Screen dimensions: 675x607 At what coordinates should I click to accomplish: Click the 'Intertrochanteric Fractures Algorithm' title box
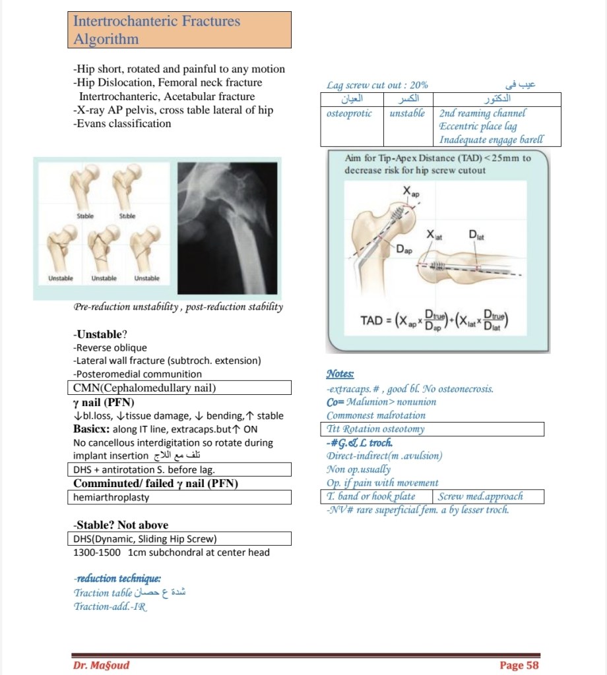click(x=179, y=30)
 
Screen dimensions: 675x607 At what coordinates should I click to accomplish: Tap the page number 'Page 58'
click(x=519, y=664)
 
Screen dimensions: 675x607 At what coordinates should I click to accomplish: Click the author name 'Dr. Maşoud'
click(x=101, y=664)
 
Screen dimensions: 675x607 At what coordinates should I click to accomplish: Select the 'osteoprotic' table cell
click(x=350, y=113)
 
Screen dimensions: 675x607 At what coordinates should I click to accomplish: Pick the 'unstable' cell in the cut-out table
click(x=407, y=113)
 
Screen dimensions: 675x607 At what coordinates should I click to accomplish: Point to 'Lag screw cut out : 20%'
click(x=377, y=85)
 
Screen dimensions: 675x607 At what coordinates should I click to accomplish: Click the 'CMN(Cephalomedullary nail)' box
click(x=179, y=388)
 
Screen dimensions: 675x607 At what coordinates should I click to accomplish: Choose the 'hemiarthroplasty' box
click(x=179, y=497)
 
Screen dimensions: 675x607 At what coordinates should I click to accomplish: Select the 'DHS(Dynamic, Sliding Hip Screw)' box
click(x=179, y=539)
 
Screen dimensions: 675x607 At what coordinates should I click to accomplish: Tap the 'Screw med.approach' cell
click(x=488, y=496)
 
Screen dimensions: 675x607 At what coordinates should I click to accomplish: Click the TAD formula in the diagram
click(x=433, y=320)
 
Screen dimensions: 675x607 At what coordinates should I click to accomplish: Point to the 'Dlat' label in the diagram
click(x=476, y=235)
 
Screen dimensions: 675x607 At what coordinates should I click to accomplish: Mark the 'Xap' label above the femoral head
click(x=410, y=192)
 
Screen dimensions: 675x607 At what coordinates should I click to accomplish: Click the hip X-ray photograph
click(x=230, y=227)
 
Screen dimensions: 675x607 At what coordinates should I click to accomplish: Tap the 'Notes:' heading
click(x=340, y=374)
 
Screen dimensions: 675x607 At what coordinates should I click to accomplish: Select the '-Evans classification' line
click(x=122, y=123)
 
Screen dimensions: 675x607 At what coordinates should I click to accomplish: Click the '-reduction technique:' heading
click(x=117, y=578)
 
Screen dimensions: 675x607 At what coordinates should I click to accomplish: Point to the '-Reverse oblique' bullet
click(x=110, y=347)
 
